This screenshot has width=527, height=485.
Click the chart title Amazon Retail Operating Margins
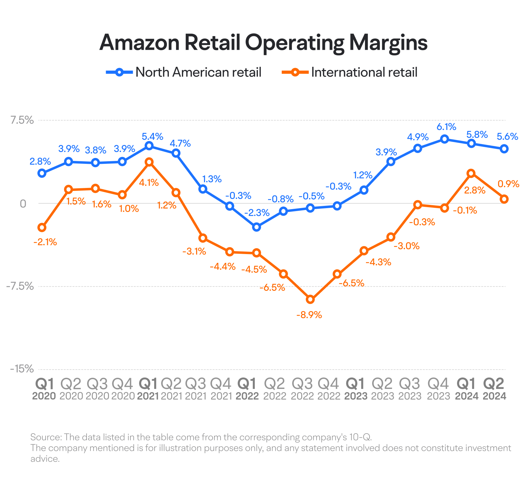coord(263,43)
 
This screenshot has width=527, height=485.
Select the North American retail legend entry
coord(184,72)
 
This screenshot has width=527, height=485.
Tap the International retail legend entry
coord(350,72)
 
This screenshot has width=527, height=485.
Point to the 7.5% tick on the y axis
coord(22,120)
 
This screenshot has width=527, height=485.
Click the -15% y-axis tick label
coord(22,369)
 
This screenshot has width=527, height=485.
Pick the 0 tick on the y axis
coord(23,204)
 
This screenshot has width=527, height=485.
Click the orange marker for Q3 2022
coord(310,299)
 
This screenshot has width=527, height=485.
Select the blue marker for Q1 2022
coord(257,227)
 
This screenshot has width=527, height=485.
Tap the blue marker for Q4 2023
coord(445,139)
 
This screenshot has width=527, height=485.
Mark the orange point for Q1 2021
coord(149,162)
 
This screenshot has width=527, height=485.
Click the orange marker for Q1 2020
coord(42,227)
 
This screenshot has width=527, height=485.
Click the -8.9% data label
coord(309,315)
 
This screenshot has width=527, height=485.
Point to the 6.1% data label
coord(446,127)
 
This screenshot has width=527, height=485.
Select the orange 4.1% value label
coord(149,183)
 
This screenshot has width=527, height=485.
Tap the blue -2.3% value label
coord(257,213)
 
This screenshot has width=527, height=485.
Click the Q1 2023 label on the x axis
coord(356,389)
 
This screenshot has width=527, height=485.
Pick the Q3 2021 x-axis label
coord(196,389)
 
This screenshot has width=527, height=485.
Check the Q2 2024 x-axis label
coord(494,389)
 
